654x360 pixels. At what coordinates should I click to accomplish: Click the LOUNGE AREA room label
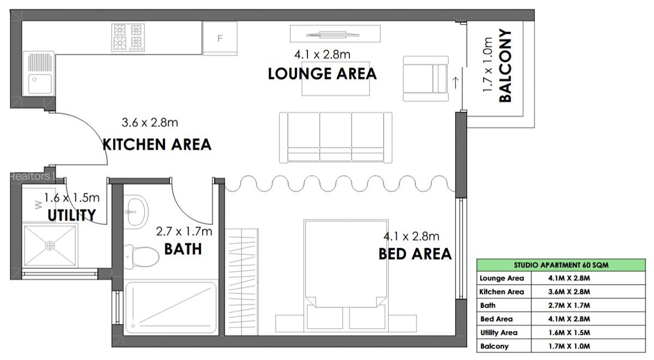pos(322,74)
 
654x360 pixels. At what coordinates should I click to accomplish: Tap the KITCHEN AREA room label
pos(157,144)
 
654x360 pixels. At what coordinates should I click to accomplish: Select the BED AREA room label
pos(415,254)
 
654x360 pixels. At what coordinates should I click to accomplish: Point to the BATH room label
pos(183,249)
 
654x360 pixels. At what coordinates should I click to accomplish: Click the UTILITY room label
pos(71,215)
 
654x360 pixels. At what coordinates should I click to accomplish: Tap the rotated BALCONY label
pos(506,66)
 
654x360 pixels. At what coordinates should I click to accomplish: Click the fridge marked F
pos(220,38)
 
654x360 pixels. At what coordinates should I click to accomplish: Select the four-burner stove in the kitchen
pos(128,37)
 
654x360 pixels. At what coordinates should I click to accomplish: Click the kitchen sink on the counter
pos(38,74)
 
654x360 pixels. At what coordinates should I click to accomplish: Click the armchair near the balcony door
pos(426,79)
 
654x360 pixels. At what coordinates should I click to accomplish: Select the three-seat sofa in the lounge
pos(336,137)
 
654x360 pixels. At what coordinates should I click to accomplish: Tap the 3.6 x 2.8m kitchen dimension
pos(150,123)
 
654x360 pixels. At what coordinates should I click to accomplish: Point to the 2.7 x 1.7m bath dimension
pos(184,231)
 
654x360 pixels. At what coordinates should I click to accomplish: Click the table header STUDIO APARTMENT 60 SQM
pos(561,265)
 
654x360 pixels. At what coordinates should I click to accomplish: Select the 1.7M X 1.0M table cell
pos(570,346)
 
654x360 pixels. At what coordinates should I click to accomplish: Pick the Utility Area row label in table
pos(499,332)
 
